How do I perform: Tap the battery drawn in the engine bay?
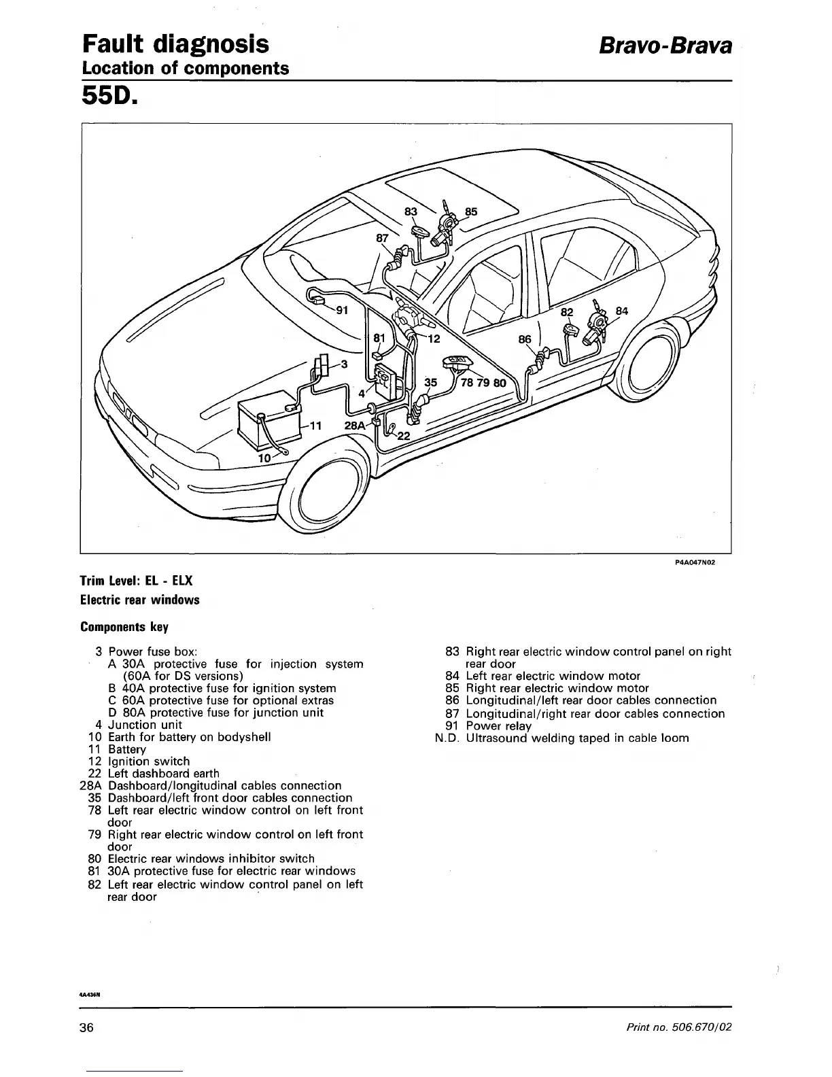point(266,422)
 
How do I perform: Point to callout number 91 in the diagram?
point(343,311)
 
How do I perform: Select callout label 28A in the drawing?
point(355,425)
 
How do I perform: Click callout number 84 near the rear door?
point(621,311)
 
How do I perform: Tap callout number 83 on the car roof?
point(411,211)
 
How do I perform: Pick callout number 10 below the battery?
point(265,458)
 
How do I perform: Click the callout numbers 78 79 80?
point(483,383)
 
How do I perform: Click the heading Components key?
point(124,626)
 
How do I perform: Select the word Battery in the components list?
point(127,749)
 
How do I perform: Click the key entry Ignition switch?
point(149,762)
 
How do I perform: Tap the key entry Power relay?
point(499,726)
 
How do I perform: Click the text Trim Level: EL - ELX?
point(137,581)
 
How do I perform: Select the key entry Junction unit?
point(145,725)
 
